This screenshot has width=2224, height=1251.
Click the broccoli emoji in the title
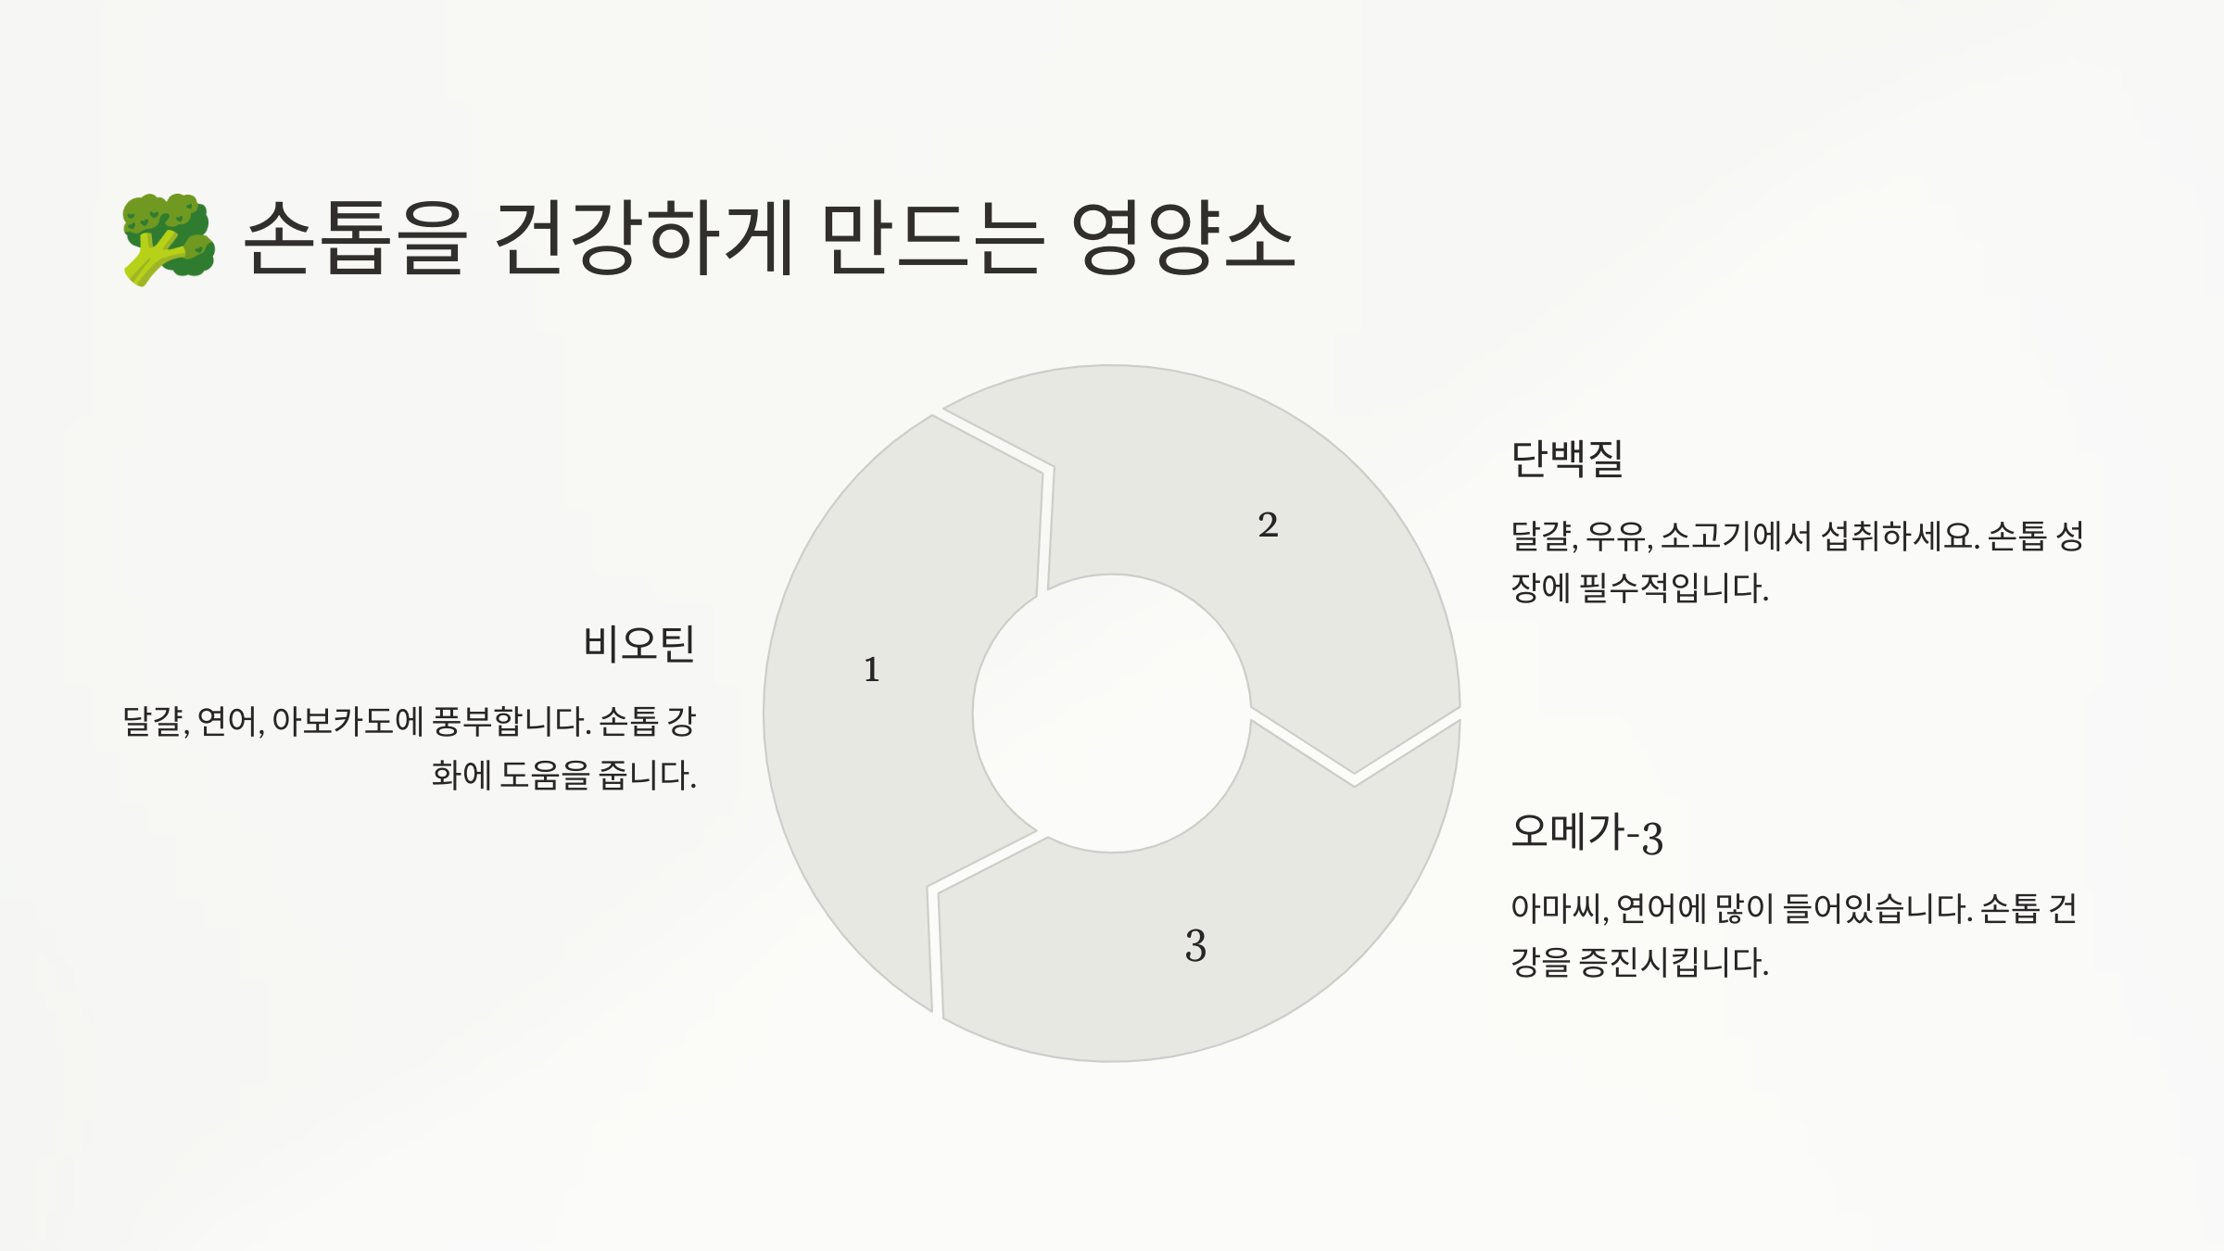click(x=169, y=239)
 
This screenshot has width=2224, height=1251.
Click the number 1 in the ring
click(x=871, y=670)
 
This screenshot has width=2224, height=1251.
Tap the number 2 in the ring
click(x=1268, y=525)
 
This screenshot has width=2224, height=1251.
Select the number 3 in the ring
click(x=1195, y=946)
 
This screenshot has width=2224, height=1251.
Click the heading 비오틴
click(x=639, y=643)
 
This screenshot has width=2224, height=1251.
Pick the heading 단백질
click(x=1567, y=458)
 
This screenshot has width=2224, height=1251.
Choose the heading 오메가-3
click(x=1586, y=832)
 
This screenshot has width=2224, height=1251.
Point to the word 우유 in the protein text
click(x=1617, y=536)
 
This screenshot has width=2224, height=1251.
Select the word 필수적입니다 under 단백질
click(x=1674, y=588)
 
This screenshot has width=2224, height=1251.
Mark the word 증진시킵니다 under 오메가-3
click(x=1674, y=963)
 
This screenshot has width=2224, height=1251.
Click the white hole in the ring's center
click(x=1112, y=714)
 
